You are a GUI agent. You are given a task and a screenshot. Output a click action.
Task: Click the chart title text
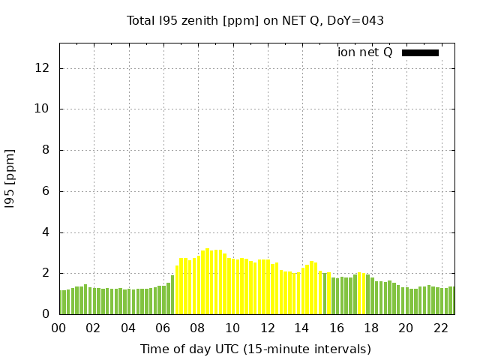coord(255,20)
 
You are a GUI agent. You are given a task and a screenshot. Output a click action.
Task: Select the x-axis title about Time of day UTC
coord(255,349)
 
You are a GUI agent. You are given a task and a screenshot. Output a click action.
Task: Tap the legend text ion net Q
coord(365,52)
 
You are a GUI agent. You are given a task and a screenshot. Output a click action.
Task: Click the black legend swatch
coord(420,52)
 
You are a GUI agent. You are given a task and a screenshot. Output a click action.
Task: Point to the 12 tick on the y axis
coord(42,68)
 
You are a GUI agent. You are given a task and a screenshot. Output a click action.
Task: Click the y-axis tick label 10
coord(42,109)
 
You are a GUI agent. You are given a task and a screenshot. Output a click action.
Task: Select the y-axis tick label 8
coord(46,150)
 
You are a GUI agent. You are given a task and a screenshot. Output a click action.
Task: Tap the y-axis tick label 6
coord(46,191)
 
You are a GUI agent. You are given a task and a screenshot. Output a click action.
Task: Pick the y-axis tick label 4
coord(46,232)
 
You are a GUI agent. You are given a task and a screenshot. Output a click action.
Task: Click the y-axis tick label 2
coord(46,273)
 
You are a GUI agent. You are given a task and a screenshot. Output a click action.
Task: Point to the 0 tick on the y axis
coord(46,314)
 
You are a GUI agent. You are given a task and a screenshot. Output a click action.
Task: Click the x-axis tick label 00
coord(59,328)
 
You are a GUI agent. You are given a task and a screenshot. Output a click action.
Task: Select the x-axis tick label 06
coord(163,328)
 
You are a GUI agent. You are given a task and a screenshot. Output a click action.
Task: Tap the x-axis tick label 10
coord(232,328)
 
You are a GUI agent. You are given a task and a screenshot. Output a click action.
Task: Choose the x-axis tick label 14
coord(301,328)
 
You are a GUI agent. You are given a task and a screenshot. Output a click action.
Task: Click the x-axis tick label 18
coord(370,328)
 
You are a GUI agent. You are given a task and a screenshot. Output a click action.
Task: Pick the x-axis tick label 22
coord(440,328)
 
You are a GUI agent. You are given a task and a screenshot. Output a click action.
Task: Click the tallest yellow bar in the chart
coord(208,281)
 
